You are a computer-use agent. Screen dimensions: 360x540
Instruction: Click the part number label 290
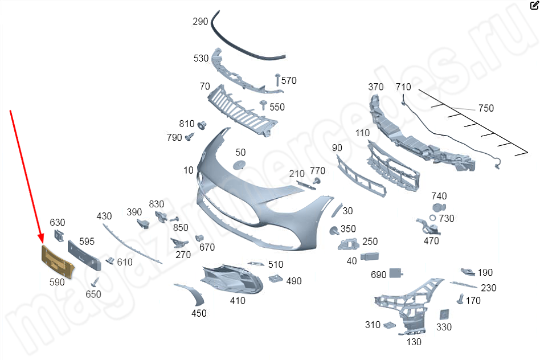point(201,22)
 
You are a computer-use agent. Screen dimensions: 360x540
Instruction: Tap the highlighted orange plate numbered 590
point(58,261)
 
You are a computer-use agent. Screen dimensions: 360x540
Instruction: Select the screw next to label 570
point(278,80)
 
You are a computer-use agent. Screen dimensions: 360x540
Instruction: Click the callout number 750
point(486,108)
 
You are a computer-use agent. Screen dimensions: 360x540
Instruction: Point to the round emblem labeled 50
point(240,165)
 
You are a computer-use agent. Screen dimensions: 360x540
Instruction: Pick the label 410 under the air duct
point(238,301)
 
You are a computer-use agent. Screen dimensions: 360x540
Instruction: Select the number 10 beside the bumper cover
point(189,170)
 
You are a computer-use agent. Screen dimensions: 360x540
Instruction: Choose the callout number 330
point(444,327)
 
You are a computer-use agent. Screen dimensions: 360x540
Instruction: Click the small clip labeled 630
point(59,235)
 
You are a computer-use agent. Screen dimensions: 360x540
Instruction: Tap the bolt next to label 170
point(460,298)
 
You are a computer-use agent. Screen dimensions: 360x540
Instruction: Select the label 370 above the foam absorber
point(376,87)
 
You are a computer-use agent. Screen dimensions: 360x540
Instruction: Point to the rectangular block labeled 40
point(370,258)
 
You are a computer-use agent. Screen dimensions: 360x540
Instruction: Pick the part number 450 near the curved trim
point(199,313)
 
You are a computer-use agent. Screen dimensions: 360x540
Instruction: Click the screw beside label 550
point(263,105)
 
